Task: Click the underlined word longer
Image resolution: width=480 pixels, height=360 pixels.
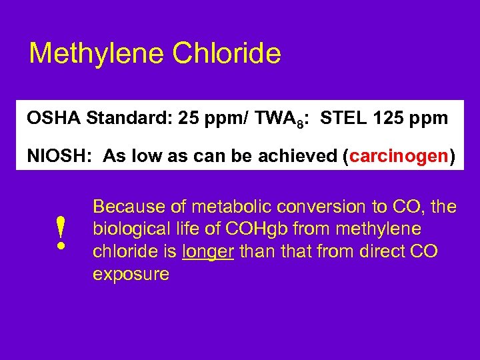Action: [207, 251]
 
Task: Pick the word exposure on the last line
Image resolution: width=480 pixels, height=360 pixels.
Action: [131, 274]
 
